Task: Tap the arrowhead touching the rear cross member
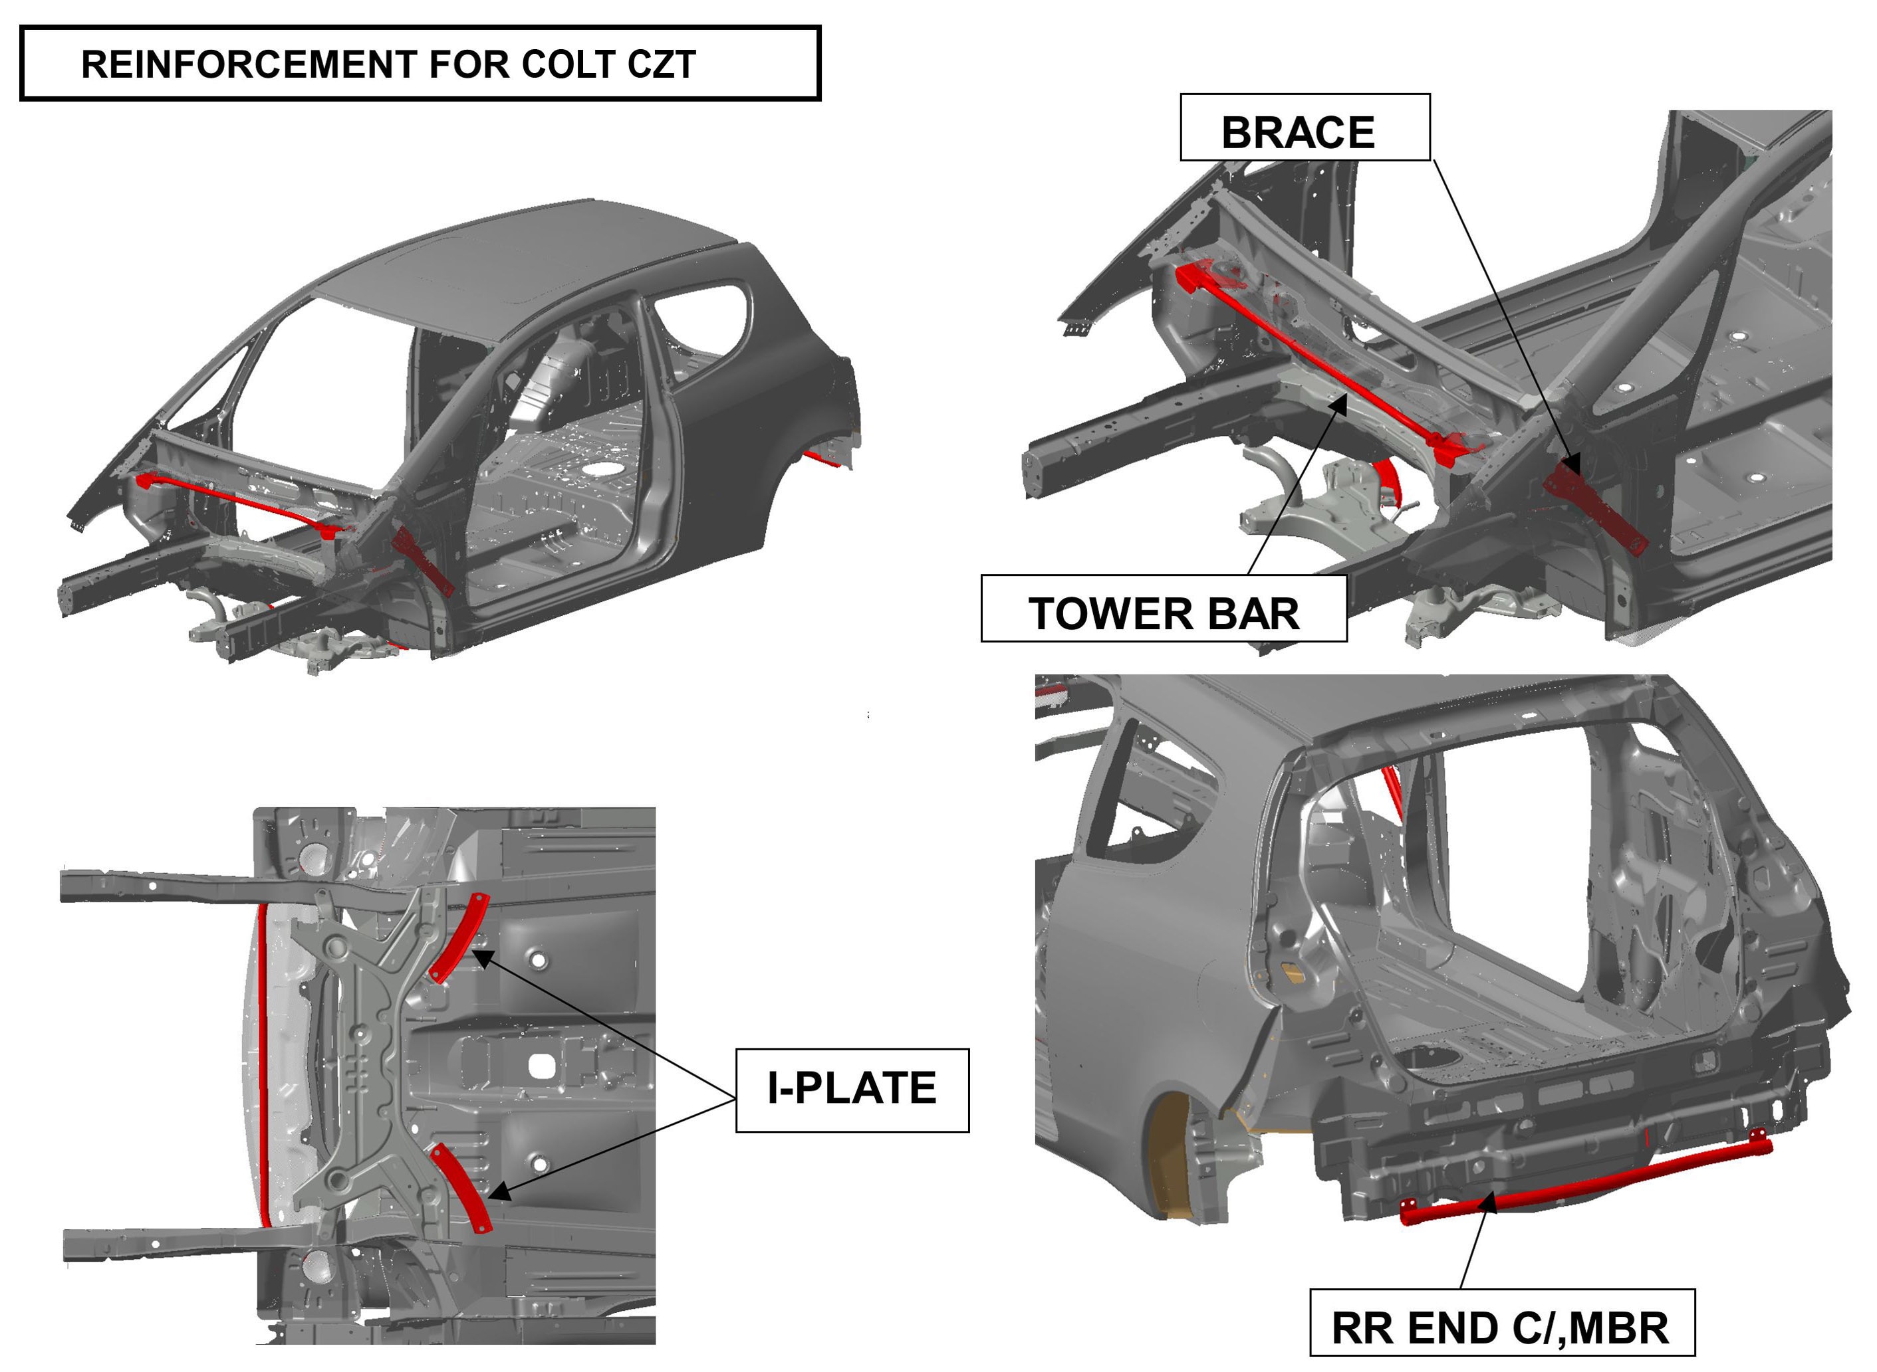point(1488,1203)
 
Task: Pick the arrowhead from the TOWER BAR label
point(1338,405)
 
